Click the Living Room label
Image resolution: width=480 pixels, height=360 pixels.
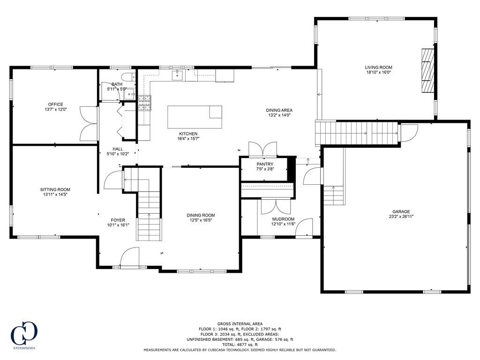tap(379, 67)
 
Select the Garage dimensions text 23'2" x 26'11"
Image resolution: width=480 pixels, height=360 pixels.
tap(401, 217)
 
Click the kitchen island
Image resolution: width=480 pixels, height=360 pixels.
tap(195, 117)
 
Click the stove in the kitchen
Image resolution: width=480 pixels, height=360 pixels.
tap(144, 102)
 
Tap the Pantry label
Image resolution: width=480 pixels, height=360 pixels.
tap(265, 164)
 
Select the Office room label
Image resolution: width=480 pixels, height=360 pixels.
tap(55, 105)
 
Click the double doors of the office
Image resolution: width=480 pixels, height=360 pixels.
tap(88, 124)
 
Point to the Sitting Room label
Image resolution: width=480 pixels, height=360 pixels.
tap(55, 190)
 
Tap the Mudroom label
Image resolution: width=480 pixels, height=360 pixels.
tap(284, 219)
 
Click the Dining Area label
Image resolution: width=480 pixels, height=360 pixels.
tap(280, 110)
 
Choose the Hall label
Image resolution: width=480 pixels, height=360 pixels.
tap(118, 149)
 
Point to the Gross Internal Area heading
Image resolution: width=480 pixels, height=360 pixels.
tap(240, 324)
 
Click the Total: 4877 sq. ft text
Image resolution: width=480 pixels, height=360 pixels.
tap(240, 345)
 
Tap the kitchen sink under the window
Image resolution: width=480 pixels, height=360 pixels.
tap(177, 75)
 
